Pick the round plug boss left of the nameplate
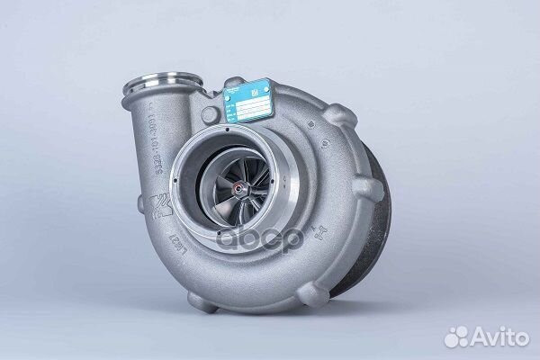210,114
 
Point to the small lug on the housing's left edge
141,205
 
